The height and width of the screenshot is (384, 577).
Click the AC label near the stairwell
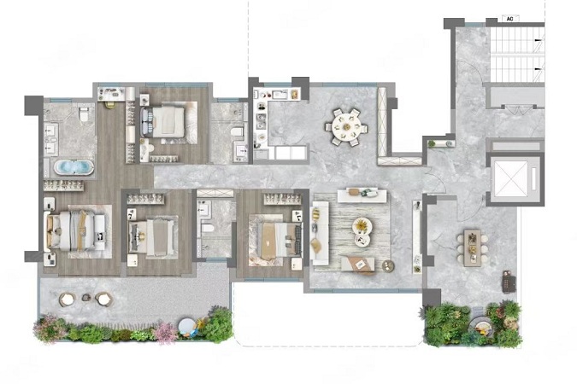[x=509, y=19]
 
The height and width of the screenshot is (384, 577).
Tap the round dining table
[x=346, y=127]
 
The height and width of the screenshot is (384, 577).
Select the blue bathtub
[x=74, y=167]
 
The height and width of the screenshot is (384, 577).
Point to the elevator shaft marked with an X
[x=511, y=177]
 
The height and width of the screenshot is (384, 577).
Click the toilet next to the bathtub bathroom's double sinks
[x=85, y=113]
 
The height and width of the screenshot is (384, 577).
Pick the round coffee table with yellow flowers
[x=362, y=225]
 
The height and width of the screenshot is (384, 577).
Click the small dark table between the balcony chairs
[x=86, y=297]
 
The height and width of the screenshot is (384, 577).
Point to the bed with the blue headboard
[x=162, y=122]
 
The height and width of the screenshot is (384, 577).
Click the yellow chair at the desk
[x=110, y=104]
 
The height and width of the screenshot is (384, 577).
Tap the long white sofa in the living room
[x=319, y=233]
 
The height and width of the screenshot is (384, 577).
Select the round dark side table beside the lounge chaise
[x=388, y=265]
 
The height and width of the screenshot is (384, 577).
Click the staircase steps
[x=516, y=55]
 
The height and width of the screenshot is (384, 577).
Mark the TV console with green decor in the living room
[x=362, y=195]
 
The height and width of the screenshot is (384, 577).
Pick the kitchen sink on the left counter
[x=261, y=121]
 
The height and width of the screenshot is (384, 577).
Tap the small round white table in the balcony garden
[x=186, y=326]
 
